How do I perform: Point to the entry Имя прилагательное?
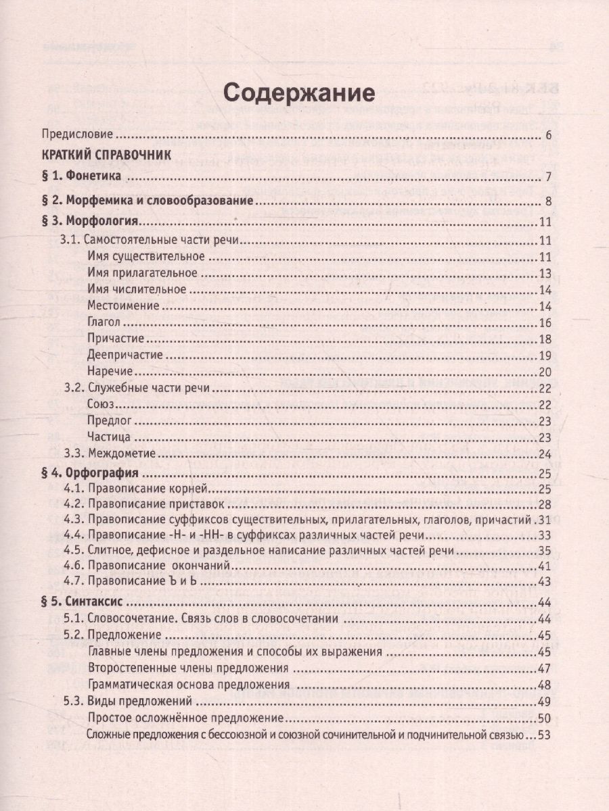143,273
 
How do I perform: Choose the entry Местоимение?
123,305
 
